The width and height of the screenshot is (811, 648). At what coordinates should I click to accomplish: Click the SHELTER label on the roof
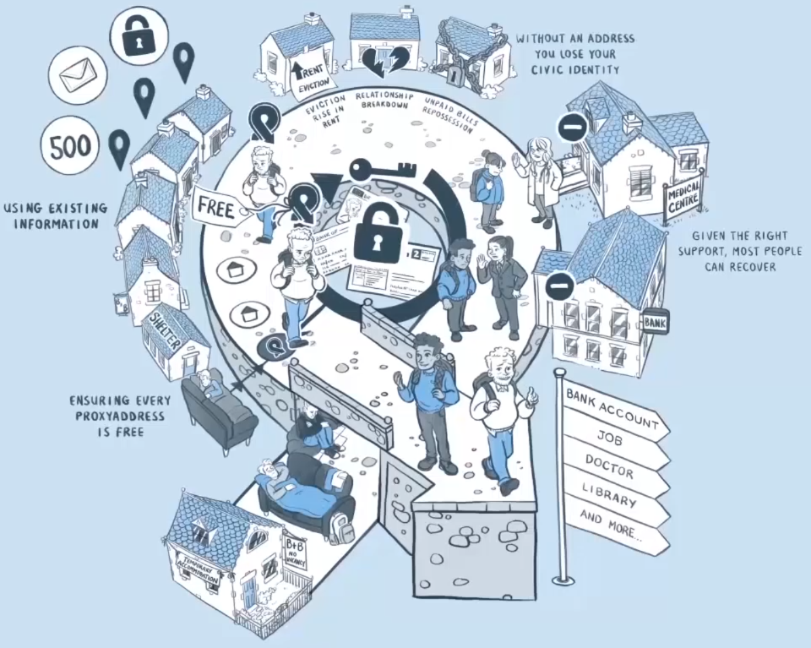coord(166,324)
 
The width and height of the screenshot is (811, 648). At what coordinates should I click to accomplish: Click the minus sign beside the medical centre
coord(572,128)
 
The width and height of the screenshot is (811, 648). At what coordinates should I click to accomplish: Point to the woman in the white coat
coord(537,179)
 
